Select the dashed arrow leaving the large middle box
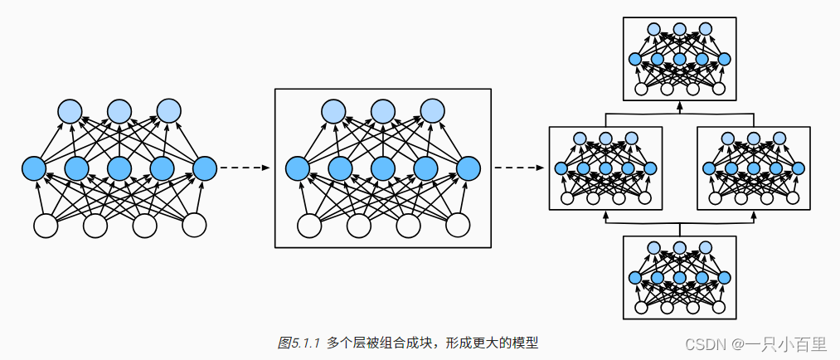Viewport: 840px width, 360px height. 519,168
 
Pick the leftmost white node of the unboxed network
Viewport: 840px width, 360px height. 46,226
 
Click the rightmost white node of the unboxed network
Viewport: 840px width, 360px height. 194,226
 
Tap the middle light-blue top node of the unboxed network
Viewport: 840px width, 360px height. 119,110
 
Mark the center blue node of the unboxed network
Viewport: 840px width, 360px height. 119,168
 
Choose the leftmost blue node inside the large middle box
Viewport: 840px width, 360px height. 298,168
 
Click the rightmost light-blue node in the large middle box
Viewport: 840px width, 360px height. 432,110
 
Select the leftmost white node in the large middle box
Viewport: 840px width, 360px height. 309,226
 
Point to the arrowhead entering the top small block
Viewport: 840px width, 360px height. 680,105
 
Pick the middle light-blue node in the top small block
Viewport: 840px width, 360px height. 680,30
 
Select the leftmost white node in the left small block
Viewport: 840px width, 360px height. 569,198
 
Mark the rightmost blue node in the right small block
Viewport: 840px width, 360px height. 799,168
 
